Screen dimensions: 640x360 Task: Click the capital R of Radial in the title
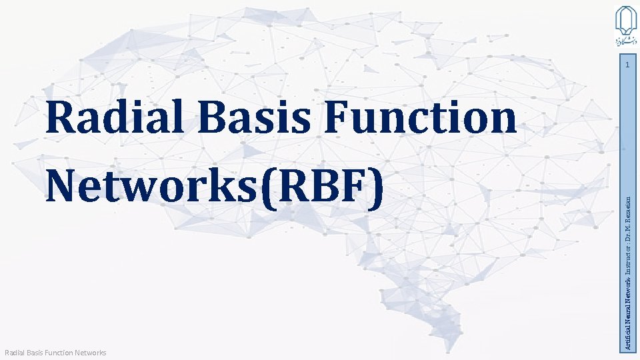[62, 119]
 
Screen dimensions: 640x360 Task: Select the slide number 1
[627, 65]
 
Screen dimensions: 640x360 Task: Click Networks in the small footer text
[91, 352]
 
